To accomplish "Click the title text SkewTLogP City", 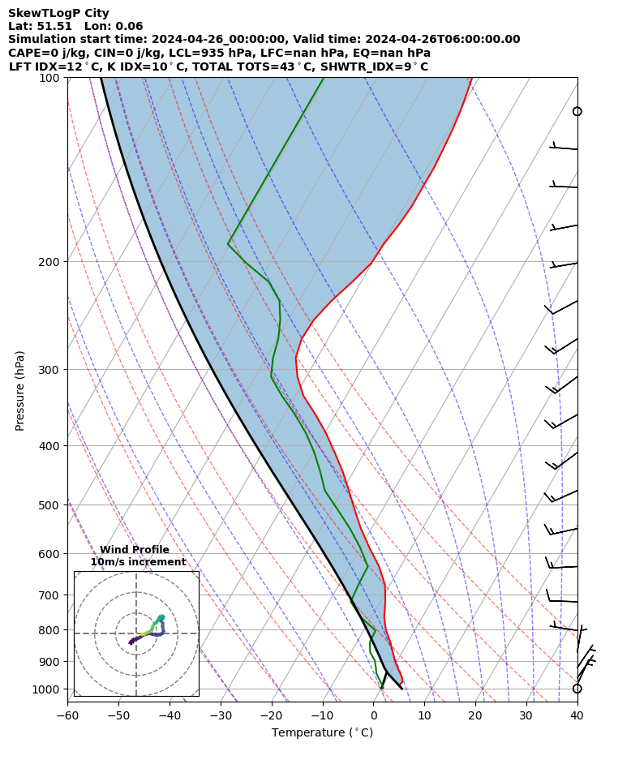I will click(x=58, y=13).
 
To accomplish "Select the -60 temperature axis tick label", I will click(x=67, y=715).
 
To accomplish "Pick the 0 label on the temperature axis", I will click(x=373, y=715).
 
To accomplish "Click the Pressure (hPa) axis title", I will click(x=19, y=390).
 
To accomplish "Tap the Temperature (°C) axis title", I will click(x=322, y=733).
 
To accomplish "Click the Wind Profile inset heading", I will click(x=135, y=550).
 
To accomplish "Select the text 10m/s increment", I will click(x=138, y=562).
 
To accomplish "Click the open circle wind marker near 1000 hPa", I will click(x=577, y=689).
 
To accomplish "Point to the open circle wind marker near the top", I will click(x=577, y=111).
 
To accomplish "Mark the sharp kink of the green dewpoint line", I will click(x=229, y=243).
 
